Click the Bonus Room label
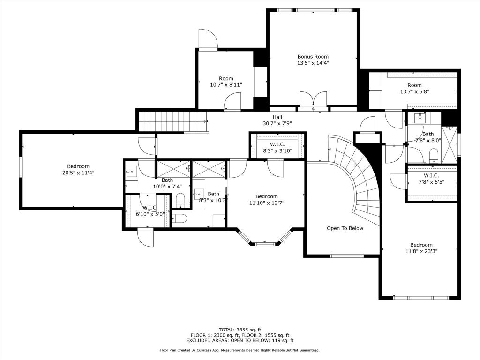coord(313,60)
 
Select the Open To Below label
coord(345,228)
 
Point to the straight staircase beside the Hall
coord(172,121)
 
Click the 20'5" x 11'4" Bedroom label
coord(78,170)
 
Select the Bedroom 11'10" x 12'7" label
coord(267,200)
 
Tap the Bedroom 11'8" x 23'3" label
coord(421,248)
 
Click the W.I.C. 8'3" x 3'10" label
coord(277,148)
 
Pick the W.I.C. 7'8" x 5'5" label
coord(431,179)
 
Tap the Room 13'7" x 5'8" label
coord(414,88)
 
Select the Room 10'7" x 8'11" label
coord(226,82)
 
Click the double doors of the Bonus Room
coord(313,98)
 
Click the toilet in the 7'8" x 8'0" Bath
coord(434,156)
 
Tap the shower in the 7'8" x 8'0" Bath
coord(450,144)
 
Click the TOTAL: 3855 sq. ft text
coord(240,330)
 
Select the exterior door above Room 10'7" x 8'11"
coord(208,39)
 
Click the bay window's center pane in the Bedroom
coord(265,244)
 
